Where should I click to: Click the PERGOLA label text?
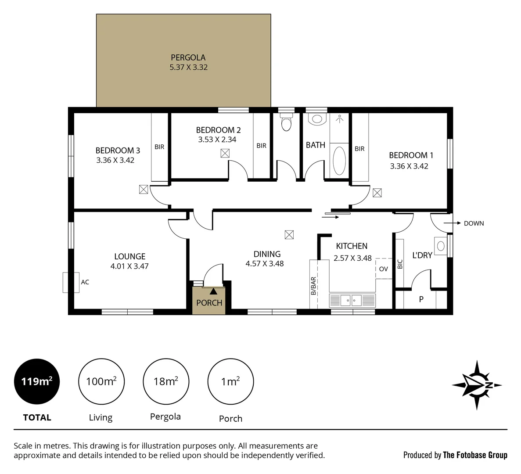click(188, 57)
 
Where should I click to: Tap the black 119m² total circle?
click(37, 381)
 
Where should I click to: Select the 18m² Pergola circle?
click(166, 381)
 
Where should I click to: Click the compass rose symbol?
click(477, 385)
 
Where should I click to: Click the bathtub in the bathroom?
click(339, 161)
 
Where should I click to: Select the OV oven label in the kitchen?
click(383, 269)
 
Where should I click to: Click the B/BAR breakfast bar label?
click(313, 286)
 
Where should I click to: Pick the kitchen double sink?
click(351, 301)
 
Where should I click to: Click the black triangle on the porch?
click(213, 291)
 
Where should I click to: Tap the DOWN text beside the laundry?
click(474, 223)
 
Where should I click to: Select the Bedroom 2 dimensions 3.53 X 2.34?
click(217, 140)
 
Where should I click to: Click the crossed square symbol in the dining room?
click(289, 235)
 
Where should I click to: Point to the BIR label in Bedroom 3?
click(159, 147)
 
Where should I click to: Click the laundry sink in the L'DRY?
click(440, 246)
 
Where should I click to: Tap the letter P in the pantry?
click(421, 299)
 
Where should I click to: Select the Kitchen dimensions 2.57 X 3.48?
click(352, 258)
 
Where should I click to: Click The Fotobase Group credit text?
click(475, 455)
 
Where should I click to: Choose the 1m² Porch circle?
click(230, 381)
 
